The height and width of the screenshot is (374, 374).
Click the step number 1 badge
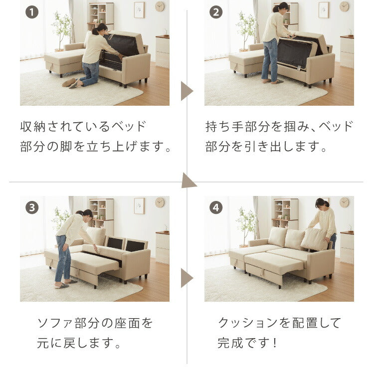point(32,12)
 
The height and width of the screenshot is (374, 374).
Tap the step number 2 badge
point(215,12)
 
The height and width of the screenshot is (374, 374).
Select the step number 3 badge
point(32,207)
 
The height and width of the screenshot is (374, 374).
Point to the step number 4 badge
point(215,207)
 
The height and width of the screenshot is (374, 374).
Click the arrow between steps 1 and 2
point(186,91)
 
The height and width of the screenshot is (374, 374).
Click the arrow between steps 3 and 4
point(186,278)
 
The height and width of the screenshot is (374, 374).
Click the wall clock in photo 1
point(160,6)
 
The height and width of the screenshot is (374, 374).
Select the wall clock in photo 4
point(344,202)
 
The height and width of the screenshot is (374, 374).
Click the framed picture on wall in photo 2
point(324,9)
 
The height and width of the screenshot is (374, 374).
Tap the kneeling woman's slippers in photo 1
point(70,83)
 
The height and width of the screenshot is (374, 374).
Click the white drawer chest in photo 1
point(162,52)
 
